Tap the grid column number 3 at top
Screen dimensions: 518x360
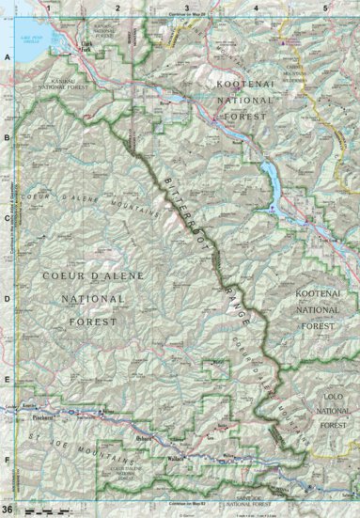point(186,8)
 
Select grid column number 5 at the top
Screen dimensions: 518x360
point(323,8)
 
